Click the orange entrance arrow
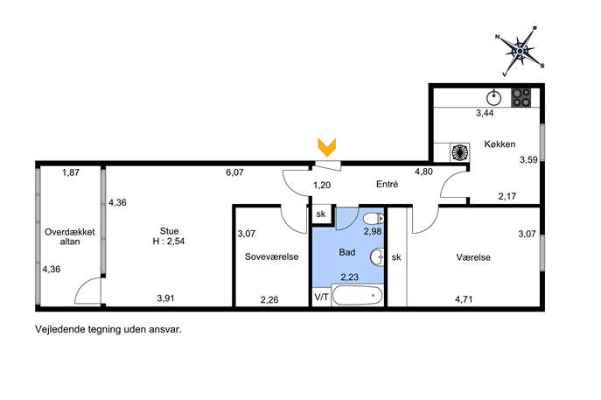327,147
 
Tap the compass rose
521,51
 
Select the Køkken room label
500,144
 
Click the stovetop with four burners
521,97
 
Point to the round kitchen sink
494,98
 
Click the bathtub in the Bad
358,295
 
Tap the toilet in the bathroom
374,219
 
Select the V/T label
322,297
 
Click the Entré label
388,184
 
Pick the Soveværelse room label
271,256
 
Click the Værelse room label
473,257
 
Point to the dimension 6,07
234,172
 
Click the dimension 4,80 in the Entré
423,172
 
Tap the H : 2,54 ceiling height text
169,242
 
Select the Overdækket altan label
70,236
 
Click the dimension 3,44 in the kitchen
485,113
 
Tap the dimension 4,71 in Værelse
464,299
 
